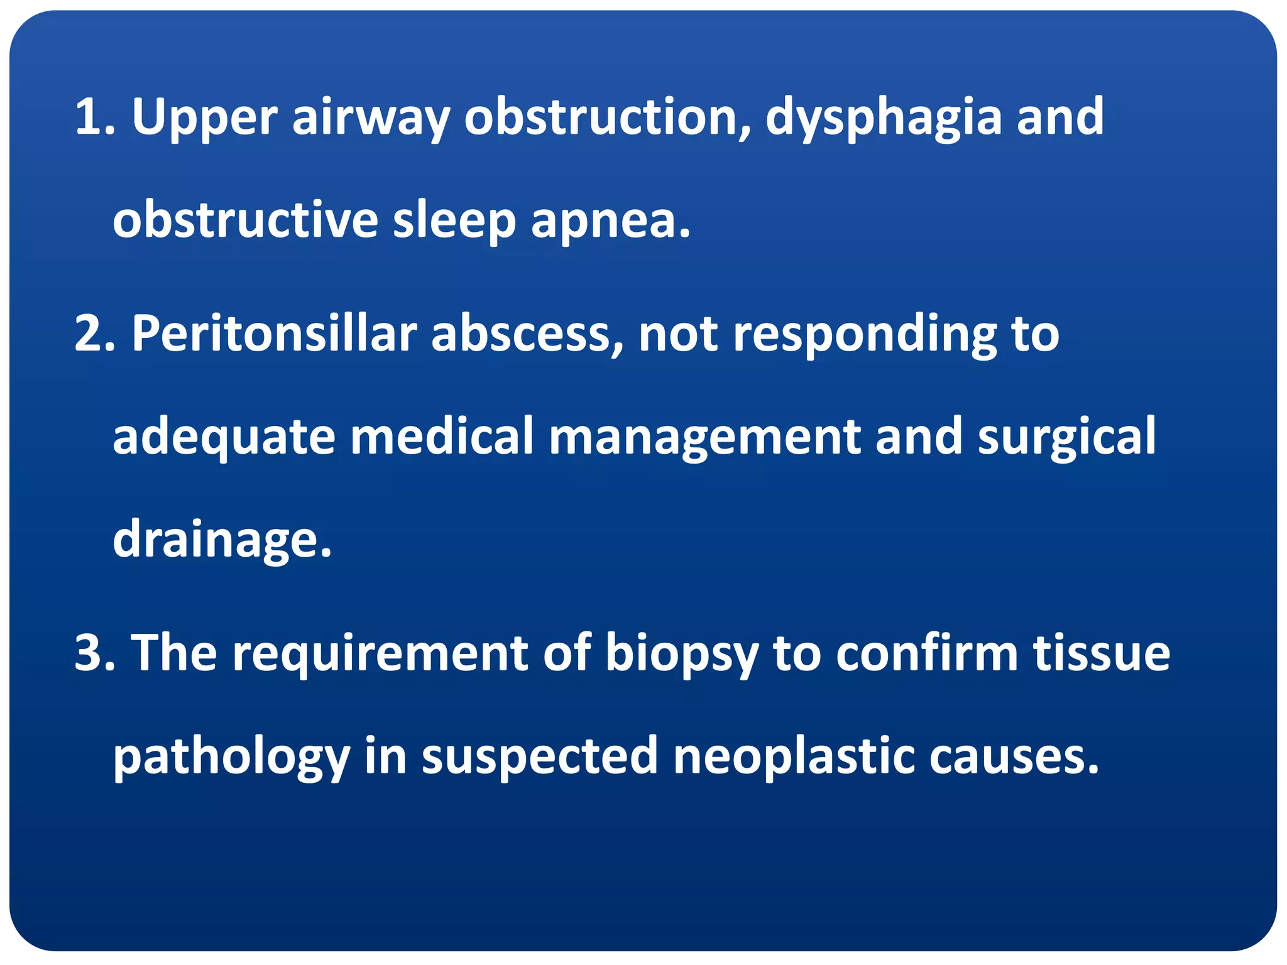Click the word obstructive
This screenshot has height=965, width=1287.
pyautogui.click(x=245, y=220)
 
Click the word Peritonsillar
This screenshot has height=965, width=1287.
pyautogui.click(x=274, y=334)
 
